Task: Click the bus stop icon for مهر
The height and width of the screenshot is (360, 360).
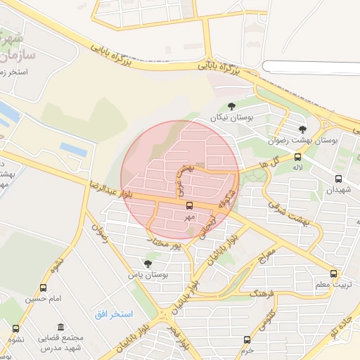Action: pyautogui.click(x=189, y=205)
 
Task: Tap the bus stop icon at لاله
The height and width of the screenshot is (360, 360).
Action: pyautogui.click(x=298, y=157)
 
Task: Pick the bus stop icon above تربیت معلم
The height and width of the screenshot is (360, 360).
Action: pyautogui.click(x=333, y=274)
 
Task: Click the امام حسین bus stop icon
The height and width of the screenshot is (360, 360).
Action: pyautogui.click(x=44, y=288)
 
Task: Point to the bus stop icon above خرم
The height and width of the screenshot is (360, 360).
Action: pyautogui.click(x=246, y=340)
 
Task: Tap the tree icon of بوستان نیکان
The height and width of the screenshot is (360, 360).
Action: pyautogui.click(x=231, y=106)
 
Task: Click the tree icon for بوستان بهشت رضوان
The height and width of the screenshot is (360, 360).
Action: pyautogui.click(x=302, y=129)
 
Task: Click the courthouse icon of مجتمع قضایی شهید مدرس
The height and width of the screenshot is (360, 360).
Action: pyautogui.click(x=61, y=328)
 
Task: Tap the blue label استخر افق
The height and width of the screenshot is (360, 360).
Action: pyautogui.click(x=114, y=313)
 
